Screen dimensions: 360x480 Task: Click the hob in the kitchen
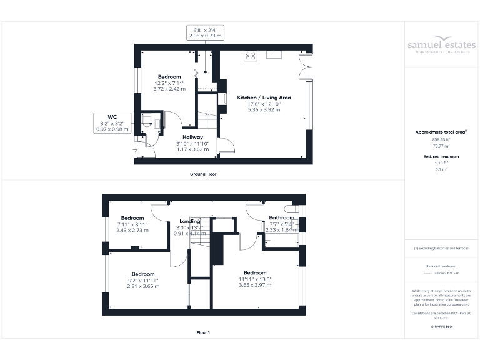coord(251,55)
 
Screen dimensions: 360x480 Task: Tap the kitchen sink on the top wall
coord(274,54)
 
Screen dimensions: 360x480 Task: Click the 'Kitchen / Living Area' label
coord(263,97)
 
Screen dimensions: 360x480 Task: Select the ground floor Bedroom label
coord(169,77)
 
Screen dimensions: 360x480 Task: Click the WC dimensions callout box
coord(112,122)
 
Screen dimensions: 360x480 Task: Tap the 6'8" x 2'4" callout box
coord(206,33)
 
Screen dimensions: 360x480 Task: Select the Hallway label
coord(192,137)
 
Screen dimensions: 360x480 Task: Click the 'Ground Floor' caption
coord(203,174)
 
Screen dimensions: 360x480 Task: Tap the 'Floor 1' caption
coord(203,332)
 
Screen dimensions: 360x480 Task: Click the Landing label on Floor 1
coord(190,221)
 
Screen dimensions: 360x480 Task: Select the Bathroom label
coord(281,217)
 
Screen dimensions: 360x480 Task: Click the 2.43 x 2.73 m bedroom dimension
coord(132,230)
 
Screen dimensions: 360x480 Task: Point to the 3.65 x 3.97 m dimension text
coord(255,285)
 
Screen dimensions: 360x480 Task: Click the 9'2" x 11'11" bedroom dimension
coord(143,280)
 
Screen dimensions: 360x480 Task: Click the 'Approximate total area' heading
coord(441,132)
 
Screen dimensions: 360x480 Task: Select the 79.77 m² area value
coord(441,146)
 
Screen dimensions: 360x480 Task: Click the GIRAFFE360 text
coord(441,327)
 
